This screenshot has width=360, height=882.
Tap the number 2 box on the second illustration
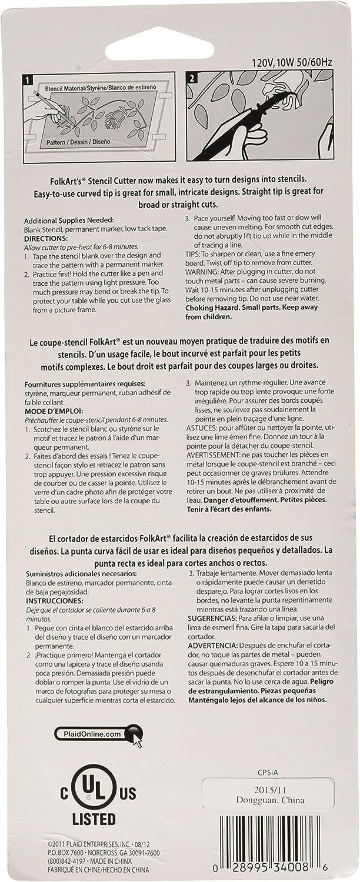tap(192, 78)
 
